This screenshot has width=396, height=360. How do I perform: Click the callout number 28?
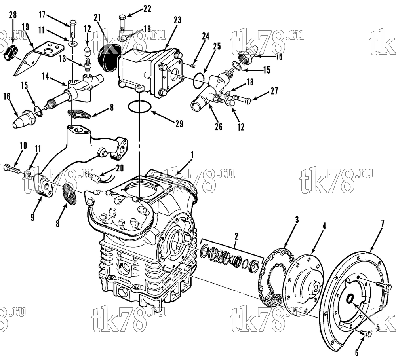pyautogui.click(x=13, y=15)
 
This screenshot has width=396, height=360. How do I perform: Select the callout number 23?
pyautogui.click(x=177, y=20)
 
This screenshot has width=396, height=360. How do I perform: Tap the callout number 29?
pyautogui.click(x=179, y=124)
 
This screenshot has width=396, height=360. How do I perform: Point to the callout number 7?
pyautogui.click(x=383, y=223)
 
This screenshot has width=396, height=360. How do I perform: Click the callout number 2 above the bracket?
pyautogui.click(x=236, y=237)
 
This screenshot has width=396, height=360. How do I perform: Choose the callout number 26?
pyautogui.click(x=219, y=126)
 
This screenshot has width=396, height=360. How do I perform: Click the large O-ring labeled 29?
pyautogui.click(x=140, y=106)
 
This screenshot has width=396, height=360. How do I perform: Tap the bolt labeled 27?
pyautogui.click(x=242, y=99)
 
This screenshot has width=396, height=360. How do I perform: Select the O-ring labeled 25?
pyautogui.click(x=200, y=81)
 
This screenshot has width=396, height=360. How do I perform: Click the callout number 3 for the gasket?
pyautogui.click(x=297, y=220)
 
